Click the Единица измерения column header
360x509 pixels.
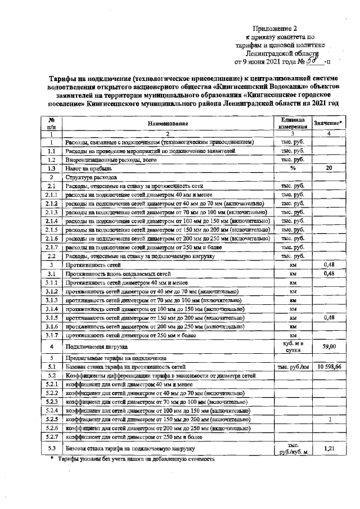click(292, 123)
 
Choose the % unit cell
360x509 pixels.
click(292, 168)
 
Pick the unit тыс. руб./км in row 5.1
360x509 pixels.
click(292, 367)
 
